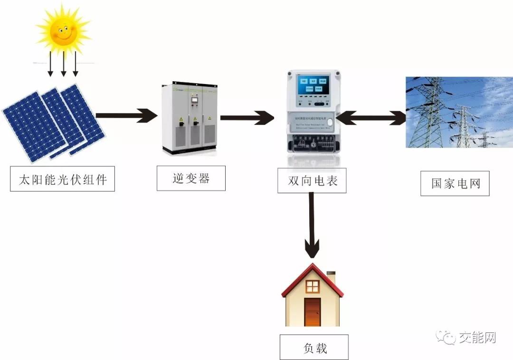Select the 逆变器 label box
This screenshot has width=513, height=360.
tap(191, 179)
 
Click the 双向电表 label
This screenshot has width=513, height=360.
tap(312, 180)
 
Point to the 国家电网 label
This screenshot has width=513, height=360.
tap(455, 183)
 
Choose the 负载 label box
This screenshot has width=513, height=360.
tap(314, 348)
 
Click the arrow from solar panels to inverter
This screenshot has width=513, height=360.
tap(126, 115)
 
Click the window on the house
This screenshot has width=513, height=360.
tap(313, 286)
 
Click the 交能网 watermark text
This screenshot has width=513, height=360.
tap(477, 338)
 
